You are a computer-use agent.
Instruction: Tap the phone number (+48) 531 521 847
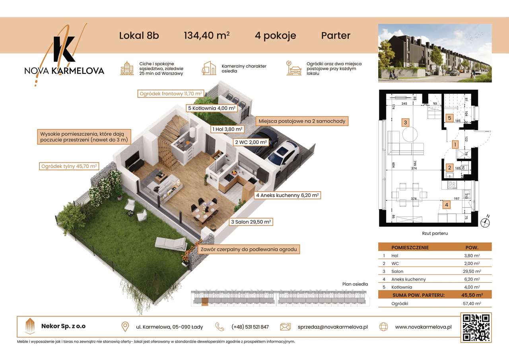coord(250,327)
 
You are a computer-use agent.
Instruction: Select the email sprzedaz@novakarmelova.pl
coord(332,327)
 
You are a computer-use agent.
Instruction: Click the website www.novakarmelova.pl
coord(423,327)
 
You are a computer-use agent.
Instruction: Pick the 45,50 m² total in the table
coord(472,295)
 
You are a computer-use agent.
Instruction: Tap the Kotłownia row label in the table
coord(402,287)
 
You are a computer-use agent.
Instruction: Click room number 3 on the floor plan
coord(405,123)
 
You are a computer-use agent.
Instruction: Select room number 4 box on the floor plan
coord(447,205)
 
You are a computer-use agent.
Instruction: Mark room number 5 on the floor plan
coord(449,118)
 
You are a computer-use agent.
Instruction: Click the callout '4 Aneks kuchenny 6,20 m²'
coord(287,195)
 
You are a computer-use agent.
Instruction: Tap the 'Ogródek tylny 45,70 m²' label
coord(69,166)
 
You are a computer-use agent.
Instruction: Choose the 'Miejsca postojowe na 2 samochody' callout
coord(302,121)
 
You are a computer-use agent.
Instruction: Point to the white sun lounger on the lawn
coord(171,241)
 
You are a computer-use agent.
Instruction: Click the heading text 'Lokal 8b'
coord(139,35)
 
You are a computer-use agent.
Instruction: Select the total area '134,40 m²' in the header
coord(206,35)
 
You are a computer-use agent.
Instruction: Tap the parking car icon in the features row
coord(294,68)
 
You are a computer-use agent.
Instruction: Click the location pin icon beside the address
coord(125,327)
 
